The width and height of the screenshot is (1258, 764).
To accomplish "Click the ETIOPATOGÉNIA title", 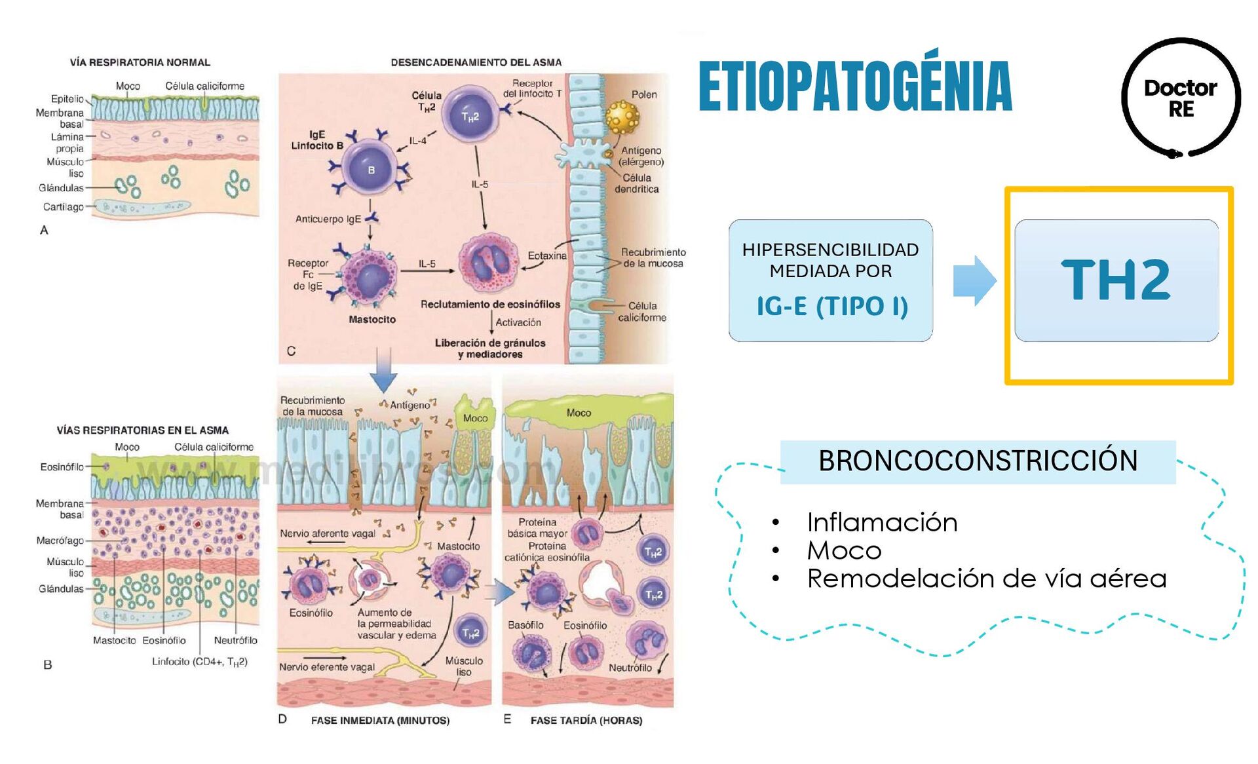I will click(x=855, y=86).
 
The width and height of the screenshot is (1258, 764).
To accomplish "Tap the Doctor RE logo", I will click(x=1181, y=98).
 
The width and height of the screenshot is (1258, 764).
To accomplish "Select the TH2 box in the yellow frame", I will click(x=1116, y=280).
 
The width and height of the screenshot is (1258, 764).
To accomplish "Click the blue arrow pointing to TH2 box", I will click(x=974, y=280).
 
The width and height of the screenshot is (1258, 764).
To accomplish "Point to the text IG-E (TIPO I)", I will click(x=832, y=306).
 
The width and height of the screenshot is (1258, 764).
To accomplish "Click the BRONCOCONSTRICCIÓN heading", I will click(x=978, y=461).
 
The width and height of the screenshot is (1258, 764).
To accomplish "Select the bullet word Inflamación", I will click(x=882, y=523).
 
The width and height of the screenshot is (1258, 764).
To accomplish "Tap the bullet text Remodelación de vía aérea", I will click(x=986, y=579).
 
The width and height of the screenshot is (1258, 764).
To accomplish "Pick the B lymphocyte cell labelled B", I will click(x=371, y=169).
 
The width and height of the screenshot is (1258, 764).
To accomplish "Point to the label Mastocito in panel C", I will click(x=372, y=320).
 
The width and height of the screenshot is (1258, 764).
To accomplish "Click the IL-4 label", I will click(x=418, y=141).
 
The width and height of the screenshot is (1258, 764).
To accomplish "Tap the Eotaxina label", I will click(x=547, y=256).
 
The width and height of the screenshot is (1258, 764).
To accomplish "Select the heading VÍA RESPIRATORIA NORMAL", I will click(x=140, y=62).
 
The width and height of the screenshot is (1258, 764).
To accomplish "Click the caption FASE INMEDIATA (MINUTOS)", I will click(x=380, y=721).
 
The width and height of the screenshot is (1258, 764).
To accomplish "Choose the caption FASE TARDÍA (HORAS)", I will click(x=586, y=721).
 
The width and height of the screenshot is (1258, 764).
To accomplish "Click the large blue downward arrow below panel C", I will click(x=383, y=371).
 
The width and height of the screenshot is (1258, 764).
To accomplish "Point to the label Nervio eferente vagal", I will click(x=327, y=667).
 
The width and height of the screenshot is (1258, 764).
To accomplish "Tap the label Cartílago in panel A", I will click(x=64, y=207).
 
